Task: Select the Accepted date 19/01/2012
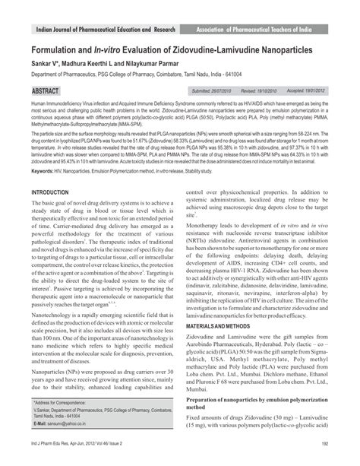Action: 298,112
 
